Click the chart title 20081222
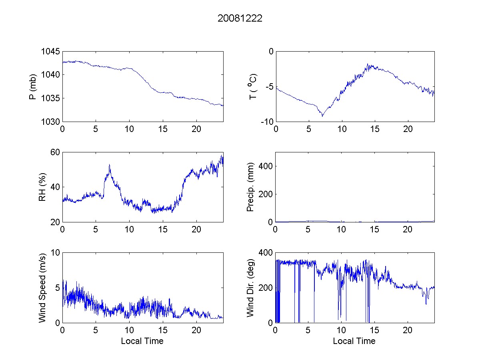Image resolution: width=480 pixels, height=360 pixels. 240,19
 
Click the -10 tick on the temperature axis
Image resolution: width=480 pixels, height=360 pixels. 267,122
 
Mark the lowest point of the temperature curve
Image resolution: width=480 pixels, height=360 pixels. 322,116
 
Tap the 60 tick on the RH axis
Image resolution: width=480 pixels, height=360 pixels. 55,152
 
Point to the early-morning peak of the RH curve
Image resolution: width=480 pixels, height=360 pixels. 109,164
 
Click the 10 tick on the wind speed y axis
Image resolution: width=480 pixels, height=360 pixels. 55,253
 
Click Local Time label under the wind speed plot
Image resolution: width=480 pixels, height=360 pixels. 142,341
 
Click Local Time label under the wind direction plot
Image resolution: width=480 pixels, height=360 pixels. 354,341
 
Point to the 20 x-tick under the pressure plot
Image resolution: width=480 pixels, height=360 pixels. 196,129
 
